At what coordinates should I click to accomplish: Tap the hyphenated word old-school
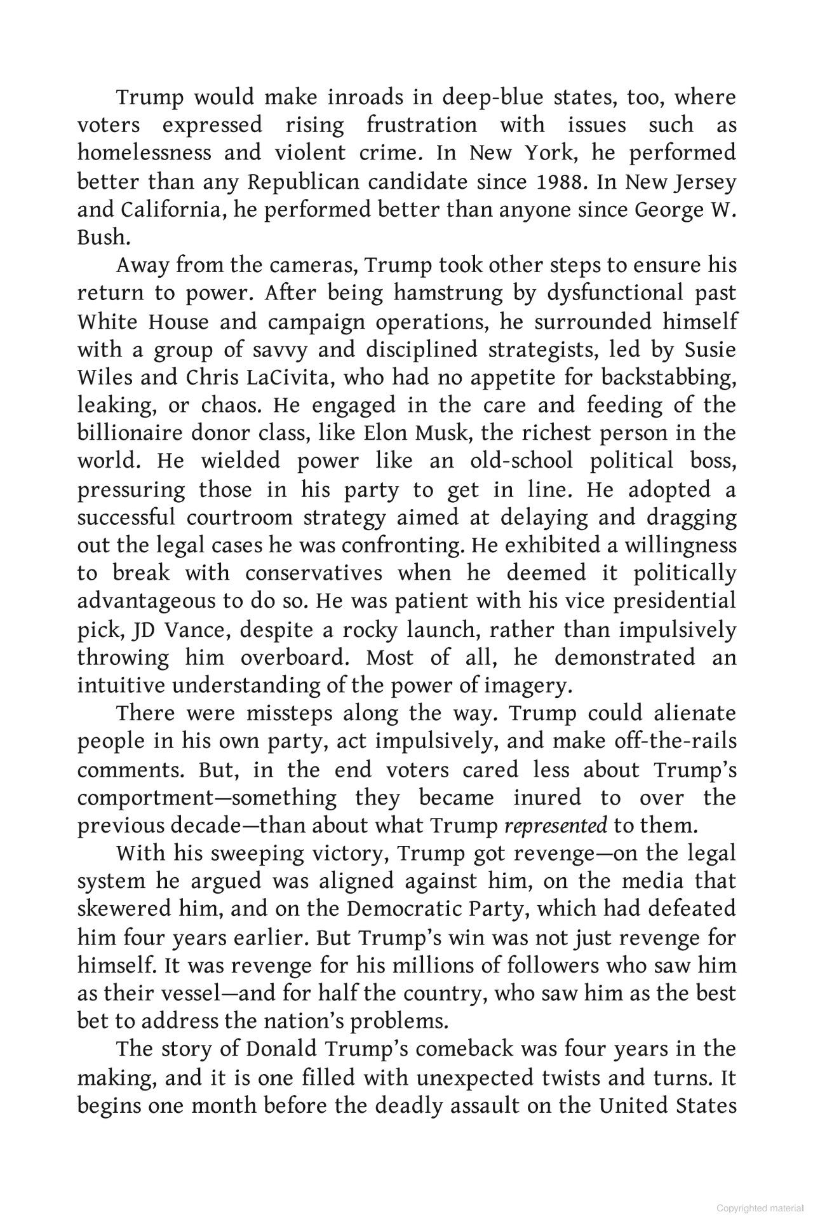point(521,461)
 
